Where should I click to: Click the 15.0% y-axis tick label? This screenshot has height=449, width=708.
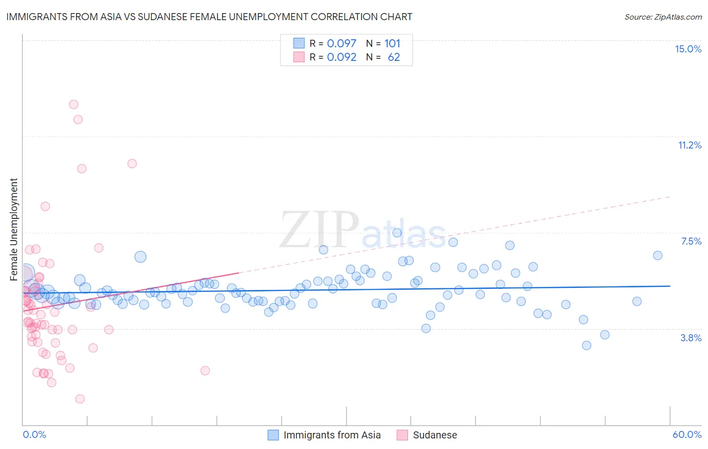[x=688, y=49]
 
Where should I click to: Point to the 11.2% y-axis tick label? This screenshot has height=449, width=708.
[x=689, y=145]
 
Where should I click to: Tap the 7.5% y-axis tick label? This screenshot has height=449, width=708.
[x=691, y=241]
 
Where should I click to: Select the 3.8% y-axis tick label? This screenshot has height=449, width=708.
[x=691, y=338]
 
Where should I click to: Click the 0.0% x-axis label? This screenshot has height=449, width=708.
[x=34, y=434]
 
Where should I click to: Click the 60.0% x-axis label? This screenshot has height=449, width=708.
[x=687, y=434]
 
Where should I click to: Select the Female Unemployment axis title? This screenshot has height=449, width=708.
[x=14, y=229]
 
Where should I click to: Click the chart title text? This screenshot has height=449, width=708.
[x=209, y=17]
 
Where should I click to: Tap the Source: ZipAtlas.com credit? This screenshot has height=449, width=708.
[x=663, y=17]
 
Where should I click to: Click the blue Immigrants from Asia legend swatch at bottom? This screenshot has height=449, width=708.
[x=273, y=435]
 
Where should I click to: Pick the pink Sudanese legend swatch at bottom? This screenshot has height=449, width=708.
[x=402, y=435]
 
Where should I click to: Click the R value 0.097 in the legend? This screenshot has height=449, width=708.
[x=341, y=43]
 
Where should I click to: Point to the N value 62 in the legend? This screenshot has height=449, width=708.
[x=394, y=57]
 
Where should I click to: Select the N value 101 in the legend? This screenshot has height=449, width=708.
[x=392, y=43]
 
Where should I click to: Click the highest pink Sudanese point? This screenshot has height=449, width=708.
[x=74, y=104]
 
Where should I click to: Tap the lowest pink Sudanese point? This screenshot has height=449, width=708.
[x=80, y=399]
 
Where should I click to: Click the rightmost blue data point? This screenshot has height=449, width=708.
[x=658, y=255]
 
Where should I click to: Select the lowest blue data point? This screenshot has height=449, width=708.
[x=586, y=345]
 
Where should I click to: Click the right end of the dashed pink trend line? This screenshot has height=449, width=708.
[x=670, y=197]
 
